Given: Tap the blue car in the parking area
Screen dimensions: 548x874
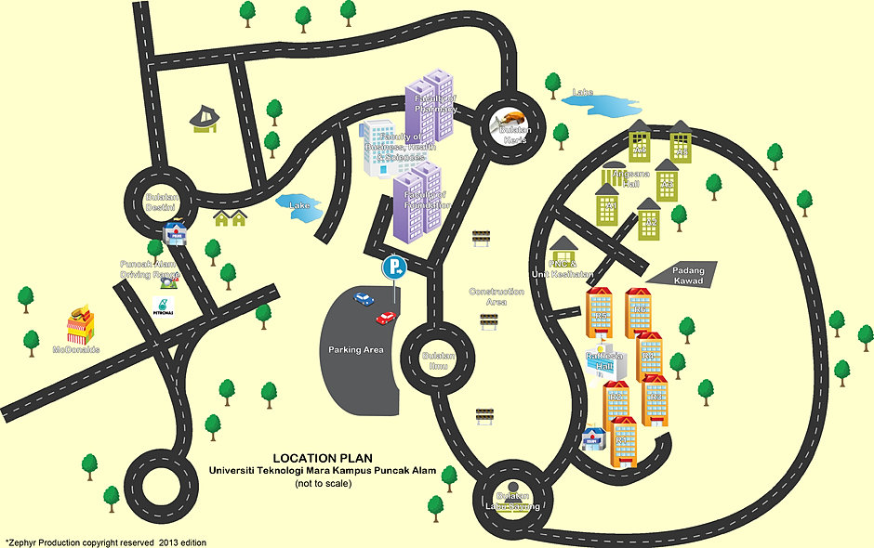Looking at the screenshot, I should pos(363,298).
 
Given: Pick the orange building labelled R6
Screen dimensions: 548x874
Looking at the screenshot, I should pos(639,312).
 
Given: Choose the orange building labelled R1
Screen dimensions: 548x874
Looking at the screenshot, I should pos(623,442).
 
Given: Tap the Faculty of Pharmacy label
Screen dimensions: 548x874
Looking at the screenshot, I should pos(435,102).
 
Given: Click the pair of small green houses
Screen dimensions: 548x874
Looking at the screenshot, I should pos(231,218).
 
